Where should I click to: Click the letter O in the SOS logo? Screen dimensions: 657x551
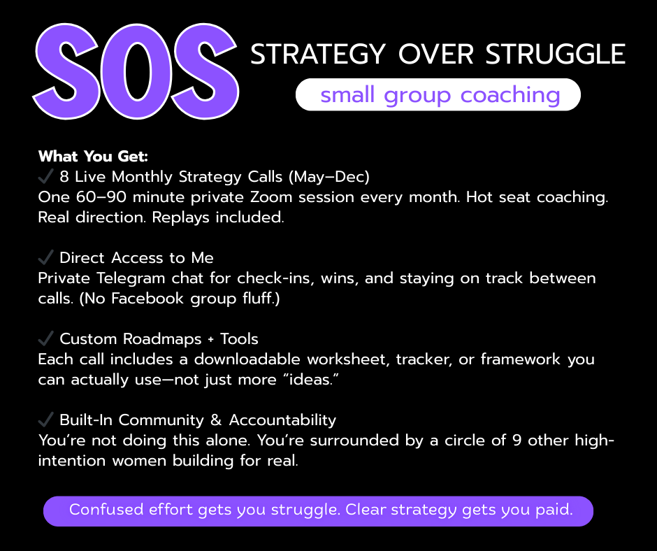(136, 71)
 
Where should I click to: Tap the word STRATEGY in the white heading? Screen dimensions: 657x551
(317, 55)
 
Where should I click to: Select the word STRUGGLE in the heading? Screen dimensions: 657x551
(555, 54)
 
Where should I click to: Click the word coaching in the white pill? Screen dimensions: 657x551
(510, 95)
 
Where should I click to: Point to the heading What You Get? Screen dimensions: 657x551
(93, 157)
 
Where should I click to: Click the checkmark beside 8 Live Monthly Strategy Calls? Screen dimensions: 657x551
(45, 176)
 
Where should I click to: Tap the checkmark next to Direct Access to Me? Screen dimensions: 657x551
(45, 257)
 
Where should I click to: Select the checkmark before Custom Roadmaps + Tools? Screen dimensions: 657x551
(45, 338)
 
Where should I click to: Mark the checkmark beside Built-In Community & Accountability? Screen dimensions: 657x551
(45, 420)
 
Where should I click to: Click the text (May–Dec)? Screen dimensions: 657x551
(329, 177)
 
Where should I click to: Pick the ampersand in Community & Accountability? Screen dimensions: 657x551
(216, 420)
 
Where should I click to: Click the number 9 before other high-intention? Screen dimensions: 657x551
(517, 441)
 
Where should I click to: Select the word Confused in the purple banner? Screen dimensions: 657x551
(106, 510)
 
